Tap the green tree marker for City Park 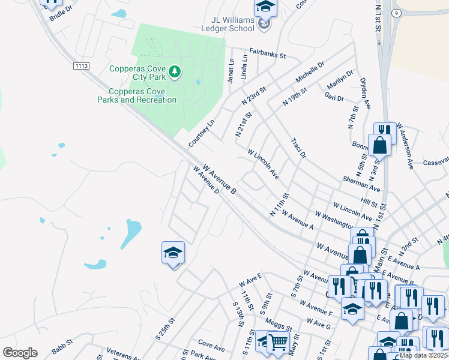(x=175, y=73)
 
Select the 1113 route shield (x=81, y=65)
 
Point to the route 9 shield (x=396, y=12)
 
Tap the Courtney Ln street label (x=201, y=133)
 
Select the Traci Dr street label (x=298, y=148)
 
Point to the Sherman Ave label (x=361, y=184)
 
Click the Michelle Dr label (x=310, y=71)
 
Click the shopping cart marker (x=277, y=342)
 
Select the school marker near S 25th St (x=173, y=253)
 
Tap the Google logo (x=20, y=353)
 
